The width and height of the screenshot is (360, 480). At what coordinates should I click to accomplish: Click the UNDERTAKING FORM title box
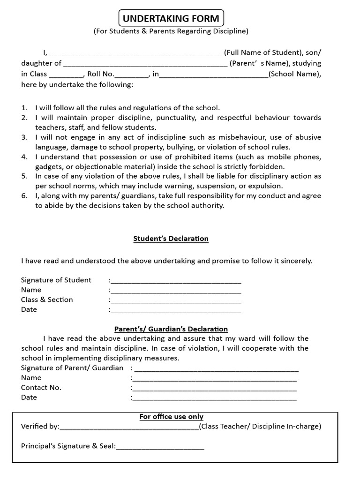pos(171,19)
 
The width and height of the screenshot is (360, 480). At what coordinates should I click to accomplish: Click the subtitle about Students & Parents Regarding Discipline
pos(171,31)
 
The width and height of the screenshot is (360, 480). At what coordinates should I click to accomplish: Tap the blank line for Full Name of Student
pos(135,53)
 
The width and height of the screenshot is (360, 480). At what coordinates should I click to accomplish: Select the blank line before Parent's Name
pos(145,64)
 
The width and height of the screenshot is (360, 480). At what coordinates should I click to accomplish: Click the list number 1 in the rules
pos(24,108)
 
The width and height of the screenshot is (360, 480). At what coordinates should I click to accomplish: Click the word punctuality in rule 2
pos(175,118)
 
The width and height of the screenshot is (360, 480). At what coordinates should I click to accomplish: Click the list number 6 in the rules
pos(24,196)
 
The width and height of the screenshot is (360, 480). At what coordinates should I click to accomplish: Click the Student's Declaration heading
pos(171,239)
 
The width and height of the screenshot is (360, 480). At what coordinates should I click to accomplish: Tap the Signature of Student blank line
pos(176,281)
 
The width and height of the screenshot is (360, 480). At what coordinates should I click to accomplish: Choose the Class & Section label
pos(47,300)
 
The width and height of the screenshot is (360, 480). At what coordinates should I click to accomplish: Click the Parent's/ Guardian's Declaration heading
pos(171,329)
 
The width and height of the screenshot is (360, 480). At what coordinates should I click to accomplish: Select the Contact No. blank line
pos(215,389)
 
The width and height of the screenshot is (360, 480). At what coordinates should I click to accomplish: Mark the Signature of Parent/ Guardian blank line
pos(216,369)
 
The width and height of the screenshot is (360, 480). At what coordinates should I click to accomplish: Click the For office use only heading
pos(171,417)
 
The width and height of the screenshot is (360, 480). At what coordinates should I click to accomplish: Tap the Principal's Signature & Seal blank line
pos(160,448)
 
